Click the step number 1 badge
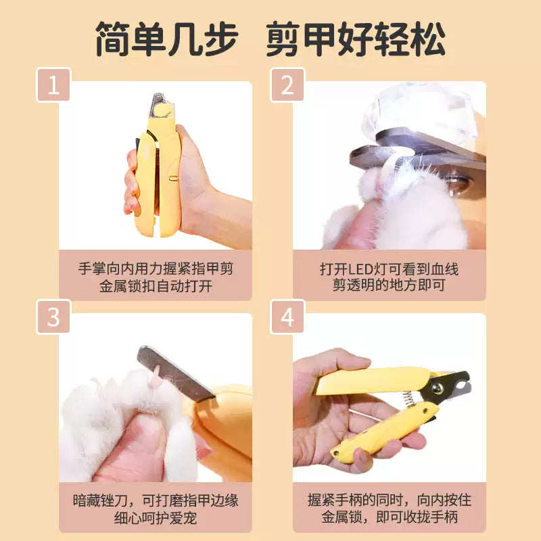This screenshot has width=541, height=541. pyautogui.click(x=53, y=85)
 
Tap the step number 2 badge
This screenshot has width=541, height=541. pyautogui.click(x=287, y=85)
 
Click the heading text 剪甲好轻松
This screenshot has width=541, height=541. pyautogui.click(x=356, y=39)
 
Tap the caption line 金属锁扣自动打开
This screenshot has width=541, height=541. pyautogui.click(x=156, y=285)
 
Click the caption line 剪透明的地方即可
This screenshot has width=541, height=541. pyautogui.click(x=389, y=285)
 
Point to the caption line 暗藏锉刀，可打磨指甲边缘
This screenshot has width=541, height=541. pyautogui.click(x=156, y=501)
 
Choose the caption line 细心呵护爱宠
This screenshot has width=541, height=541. pyautogui.click(x=156, y=518)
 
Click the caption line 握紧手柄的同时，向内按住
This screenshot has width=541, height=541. pyautogui.click(x=389, y=501)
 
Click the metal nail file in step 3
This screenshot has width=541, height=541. pyautogui.click(x=174, y=372)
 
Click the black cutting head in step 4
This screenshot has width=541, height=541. pyautogui.click(x=454, y=386)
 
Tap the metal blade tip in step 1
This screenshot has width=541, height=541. pyautogui.click(x=160, y=101)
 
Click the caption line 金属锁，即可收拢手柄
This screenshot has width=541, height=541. pyautogui.click(x=389, y=518)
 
